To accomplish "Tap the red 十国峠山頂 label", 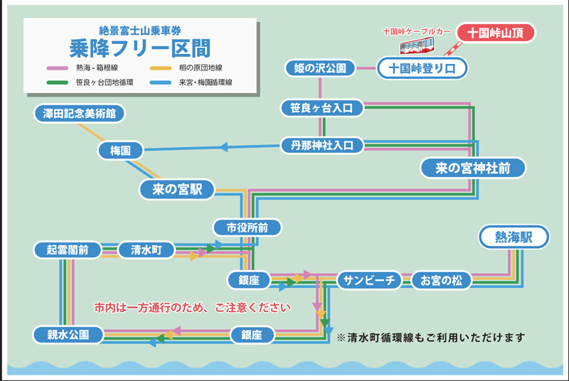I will [x=495, y=33].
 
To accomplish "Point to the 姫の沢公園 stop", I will [x=319, y=68].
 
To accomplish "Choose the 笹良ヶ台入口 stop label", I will [x=322, y=108].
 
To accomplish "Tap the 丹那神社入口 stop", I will [x=322, y=146].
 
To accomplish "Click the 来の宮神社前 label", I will [x=472, y=168].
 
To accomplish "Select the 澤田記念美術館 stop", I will [x=79, y=113].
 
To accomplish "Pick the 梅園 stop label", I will [x=120, y=151].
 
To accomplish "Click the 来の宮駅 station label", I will [x=177, y=190].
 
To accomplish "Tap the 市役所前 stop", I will [x=247, y=228].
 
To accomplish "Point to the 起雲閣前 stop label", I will [x=68, y=249].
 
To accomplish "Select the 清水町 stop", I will [x=147, y=249].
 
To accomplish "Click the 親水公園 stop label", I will [x=68, y=334].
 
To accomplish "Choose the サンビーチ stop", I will [x=370, y=280].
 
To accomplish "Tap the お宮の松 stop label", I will [x=442, y=280].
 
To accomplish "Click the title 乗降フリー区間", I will [x=139, y=48].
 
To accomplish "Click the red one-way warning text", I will [x=193, y=308].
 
